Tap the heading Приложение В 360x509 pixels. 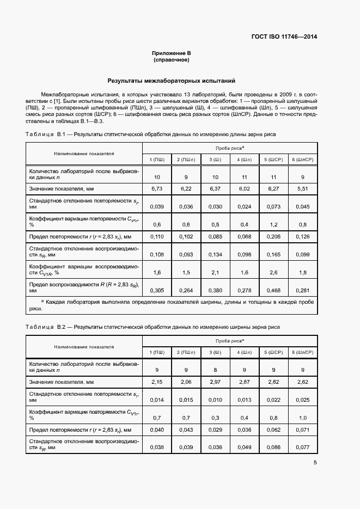(171, 53)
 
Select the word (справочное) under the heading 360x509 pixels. (171, 60)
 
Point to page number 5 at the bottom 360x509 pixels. (315, 463)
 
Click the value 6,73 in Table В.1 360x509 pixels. (157, 188)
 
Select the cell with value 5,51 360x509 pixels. (302, 188)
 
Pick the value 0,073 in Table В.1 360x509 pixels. (273, 206)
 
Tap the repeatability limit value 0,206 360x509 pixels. (273, 237)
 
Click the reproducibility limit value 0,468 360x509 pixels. (273, 290)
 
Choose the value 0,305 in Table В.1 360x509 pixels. (157, 290)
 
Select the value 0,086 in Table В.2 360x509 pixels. (273, 447)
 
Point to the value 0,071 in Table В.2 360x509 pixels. (302, 430)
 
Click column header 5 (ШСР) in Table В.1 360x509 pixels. (273, 160)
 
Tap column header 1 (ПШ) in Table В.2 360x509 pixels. (157, 353)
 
